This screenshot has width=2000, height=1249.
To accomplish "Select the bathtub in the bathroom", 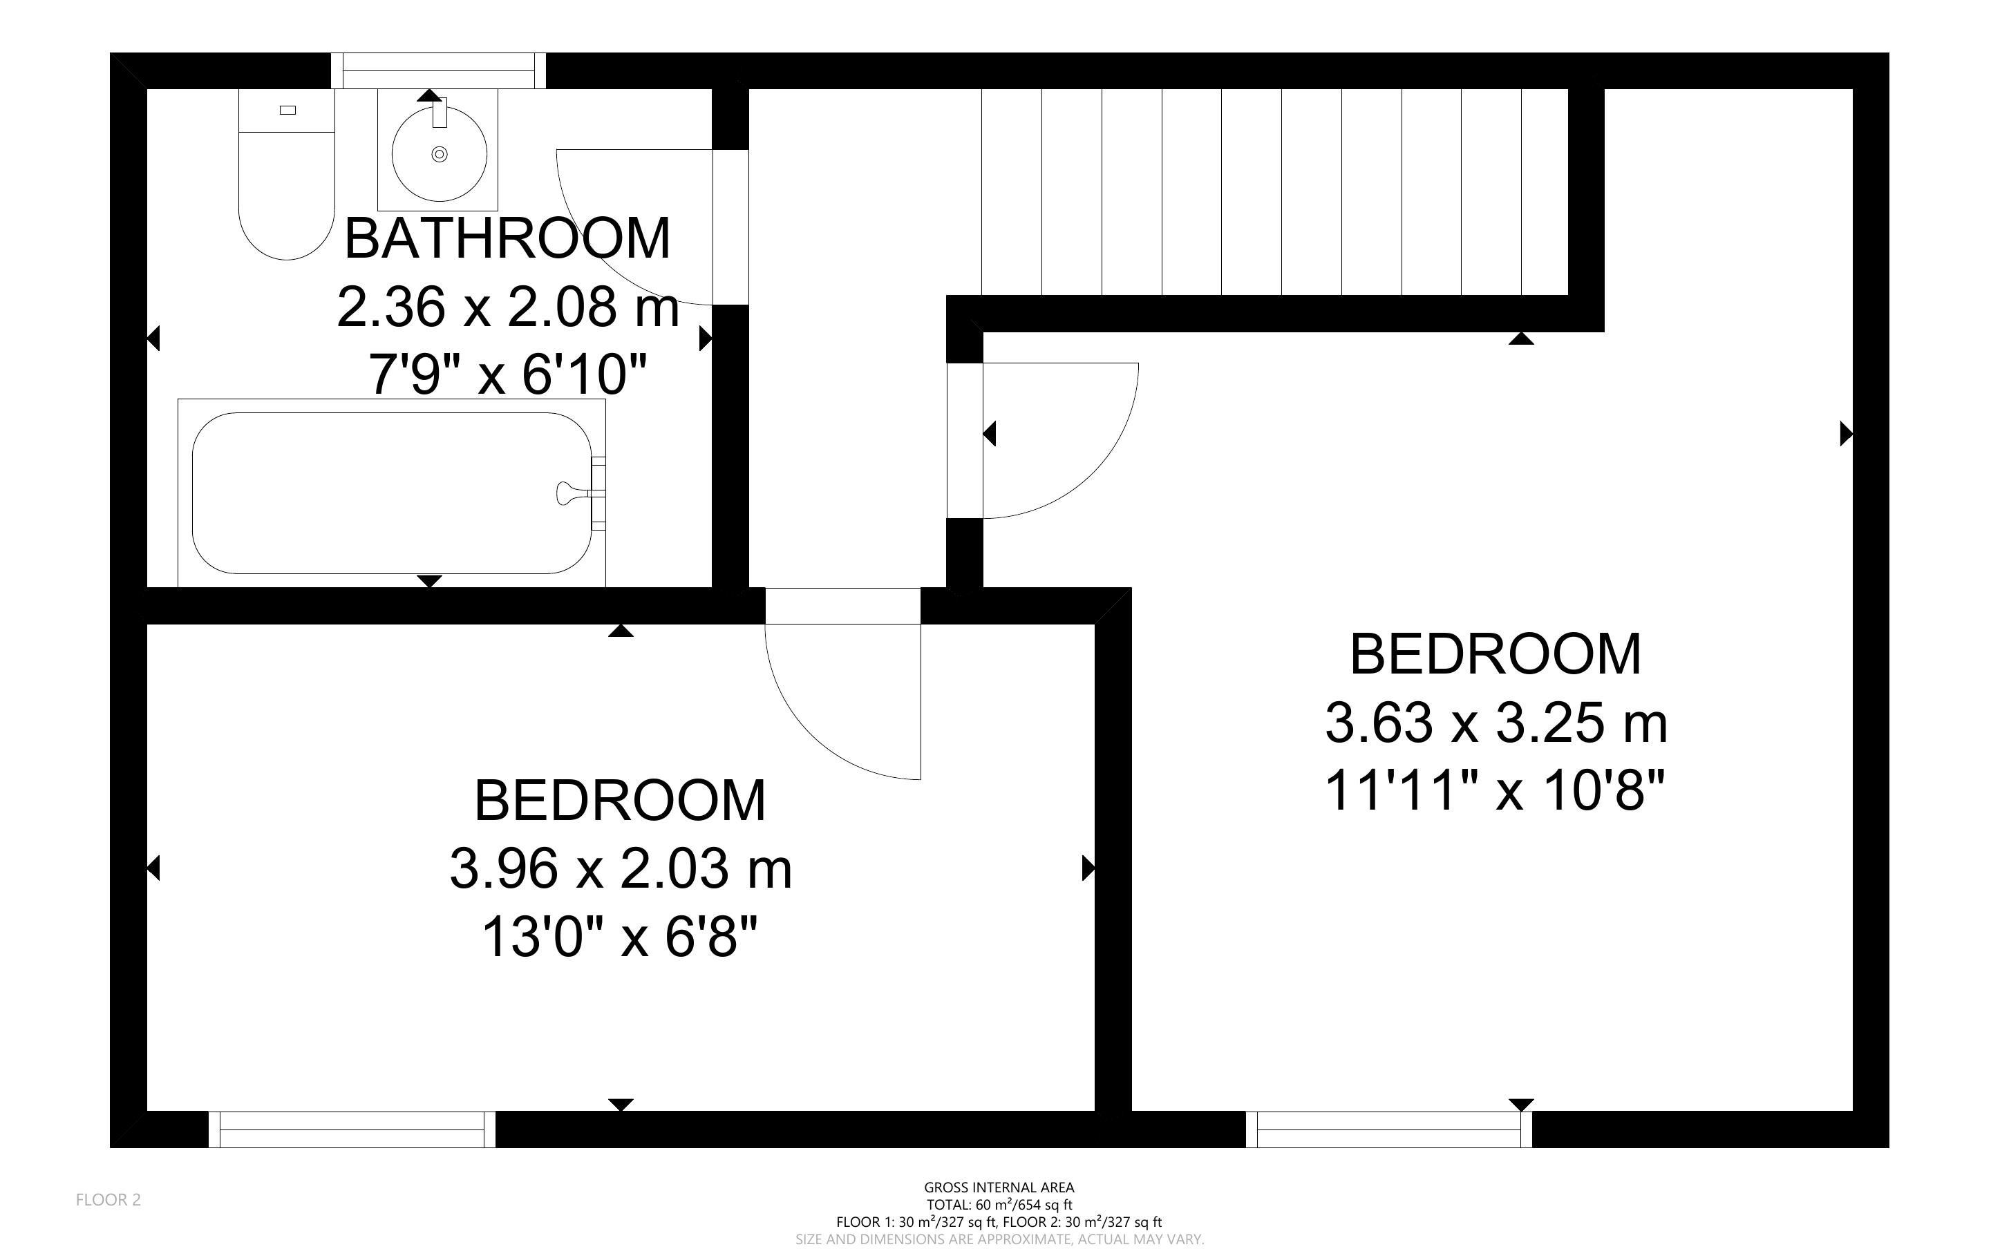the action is [393, 493].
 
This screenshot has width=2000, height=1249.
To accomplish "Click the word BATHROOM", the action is [507, 239].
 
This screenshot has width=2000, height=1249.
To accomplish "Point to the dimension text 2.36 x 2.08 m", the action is [507, 307].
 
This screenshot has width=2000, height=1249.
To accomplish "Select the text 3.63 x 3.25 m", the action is [1496, 723].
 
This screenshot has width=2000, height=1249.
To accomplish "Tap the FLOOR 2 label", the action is [109, 1200].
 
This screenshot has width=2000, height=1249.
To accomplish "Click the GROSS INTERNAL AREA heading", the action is [999, 1188].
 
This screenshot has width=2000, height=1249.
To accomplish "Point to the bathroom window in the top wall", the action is [438, 71].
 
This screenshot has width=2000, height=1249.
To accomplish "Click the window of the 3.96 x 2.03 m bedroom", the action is [352, 1129].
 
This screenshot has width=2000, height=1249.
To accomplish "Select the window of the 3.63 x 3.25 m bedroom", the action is [1388, 1129].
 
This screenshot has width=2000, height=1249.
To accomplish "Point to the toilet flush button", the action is [287, 110].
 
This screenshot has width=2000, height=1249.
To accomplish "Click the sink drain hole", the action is [440, 153].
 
